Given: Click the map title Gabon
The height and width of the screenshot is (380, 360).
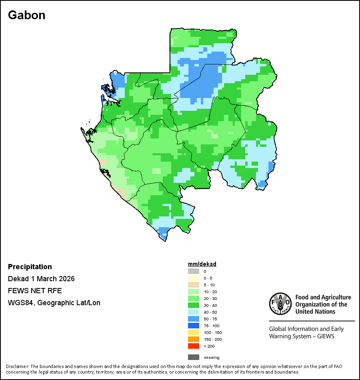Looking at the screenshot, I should click(26, 15).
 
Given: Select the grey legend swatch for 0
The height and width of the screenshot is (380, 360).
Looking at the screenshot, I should click(194, 271).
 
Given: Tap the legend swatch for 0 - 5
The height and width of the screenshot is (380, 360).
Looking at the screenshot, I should click(194, 278).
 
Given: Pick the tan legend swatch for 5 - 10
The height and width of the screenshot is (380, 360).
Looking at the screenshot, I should click(194, 285).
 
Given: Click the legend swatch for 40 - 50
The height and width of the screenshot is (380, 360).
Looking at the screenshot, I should click(194, 312).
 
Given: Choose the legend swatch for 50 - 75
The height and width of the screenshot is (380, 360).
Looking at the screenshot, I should click(194, 319).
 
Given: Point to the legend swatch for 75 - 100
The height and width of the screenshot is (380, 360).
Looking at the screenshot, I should click(194, 326).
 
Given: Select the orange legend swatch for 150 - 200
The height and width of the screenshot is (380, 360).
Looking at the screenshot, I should click(194, 339).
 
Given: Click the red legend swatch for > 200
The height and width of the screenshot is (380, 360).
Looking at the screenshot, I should click(194, 346).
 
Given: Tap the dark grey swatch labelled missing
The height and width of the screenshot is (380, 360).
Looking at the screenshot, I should click(194, 357).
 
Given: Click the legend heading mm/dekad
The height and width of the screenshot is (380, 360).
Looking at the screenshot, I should click(202, 264).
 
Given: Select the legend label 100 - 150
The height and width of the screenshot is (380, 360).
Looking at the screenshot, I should click(212, 332).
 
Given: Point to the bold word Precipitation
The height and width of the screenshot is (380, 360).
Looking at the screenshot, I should click(30, 267).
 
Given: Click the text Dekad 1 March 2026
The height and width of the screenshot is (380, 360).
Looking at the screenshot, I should click(41, 279).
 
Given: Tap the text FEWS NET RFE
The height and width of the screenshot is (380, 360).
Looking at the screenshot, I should click(35, 291).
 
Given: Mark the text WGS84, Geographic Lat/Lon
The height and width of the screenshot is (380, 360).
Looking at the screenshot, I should click(54, 303).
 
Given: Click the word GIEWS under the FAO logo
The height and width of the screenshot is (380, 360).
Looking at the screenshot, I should click(325, 336).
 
